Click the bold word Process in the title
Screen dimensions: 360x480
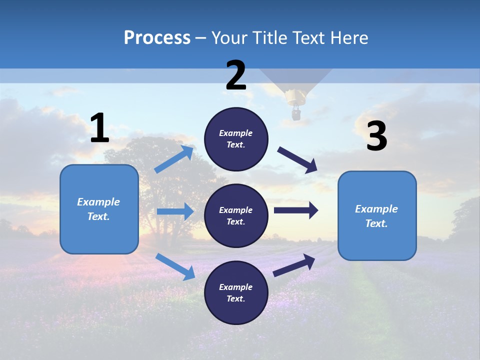tap(157, 38)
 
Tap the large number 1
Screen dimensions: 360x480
tap(99, 128)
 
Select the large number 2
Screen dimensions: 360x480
tap(236, 75)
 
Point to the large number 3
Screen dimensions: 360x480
tap(376, 136)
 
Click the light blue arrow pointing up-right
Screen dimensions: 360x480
tap(174, 159)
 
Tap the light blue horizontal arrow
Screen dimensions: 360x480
tap(175, 211)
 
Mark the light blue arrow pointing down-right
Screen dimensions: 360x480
tap(175, 266)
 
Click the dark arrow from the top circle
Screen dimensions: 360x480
tap(298, 159)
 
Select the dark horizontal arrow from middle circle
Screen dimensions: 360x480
tap(296, 210)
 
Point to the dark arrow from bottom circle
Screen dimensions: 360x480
tap(294, 265)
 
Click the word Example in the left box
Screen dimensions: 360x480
tap(98, 202)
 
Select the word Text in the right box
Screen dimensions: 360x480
tap(376, 223)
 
